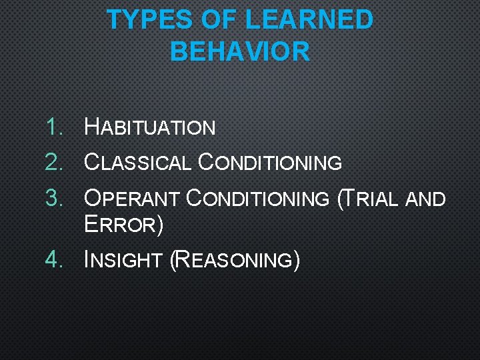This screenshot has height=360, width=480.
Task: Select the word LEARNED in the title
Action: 309,20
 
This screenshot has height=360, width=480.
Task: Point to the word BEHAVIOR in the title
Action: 240,51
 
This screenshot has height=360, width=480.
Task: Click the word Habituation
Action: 150,127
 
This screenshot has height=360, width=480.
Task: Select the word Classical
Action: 138,162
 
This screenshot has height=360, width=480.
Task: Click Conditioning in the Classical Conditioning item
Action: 270,162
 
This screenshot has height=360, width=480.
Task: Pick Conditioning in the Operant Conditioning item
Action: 257,198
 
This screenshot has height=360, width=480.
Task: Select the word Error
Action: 121,225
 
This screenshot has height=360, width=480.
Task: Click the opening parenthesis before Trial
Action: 341,199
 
